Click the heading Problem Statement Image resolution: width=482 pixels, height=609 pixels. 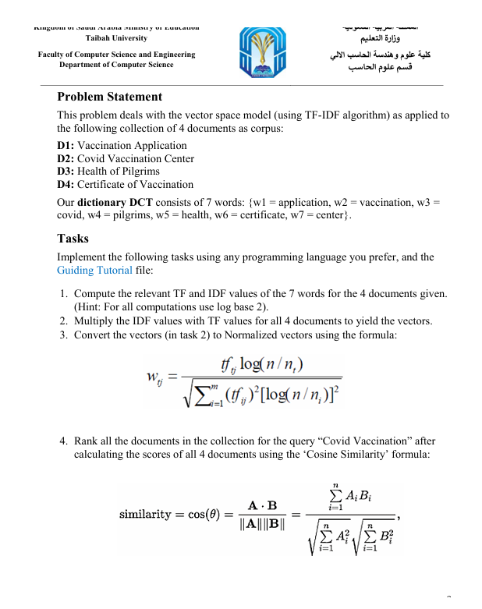(x=110, y=97)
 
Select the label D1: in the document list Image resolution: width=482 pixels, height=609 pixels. (x=68, y=146)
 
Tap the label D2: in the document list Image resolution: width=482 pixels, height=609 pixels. (x=68, y=158)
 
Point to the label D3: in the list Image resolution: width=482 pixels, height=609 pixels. (x=68, y=172)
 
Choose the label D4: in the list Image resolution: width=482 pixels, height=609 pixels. (x=68, y=185)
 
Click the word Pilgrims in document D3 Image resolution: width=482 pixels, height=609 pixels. (x=141, y=172)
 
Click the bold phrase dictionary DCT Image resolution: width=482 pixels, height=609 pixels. (x=112, y=201)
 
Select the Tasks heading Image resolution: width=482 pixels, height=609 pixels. (x=73, y=239)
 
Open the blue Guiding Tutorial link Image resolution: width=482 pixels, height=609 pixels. (x=94, y=270)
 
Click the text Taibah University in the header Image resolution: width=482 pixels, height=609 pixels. (x=117, y=37)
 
